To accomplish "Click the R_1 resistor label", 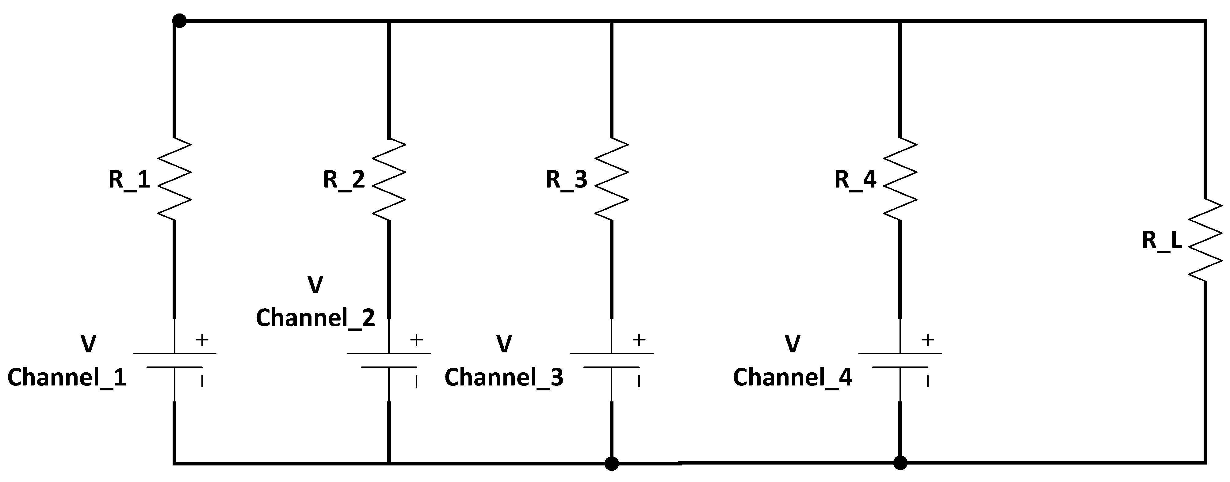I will tap(129, 180).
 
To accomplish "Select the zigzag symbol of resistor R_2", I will tap(389, 180).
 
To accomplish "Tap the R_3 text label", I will tap(566, 180).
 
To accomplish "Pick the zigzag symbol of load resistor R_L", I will tap(1205, 240).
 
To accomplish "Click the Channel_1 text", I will tap(67, 378).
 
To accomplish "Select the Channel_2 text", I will tap(315, 318).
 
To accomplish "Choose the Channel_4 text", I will tap(793, 378).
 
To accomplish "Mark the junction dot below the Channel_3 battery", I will tap(612, 463).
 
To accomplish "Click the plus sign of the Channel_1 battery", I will tap(202, 340).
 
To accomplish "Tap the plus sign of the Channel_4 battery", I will tap(927, 340).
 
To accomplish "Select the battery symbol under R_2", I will tap(389, 360).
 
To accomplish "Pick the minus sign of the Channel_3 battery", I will tap(639, 381).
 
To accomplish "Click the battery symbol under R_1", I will tap(174, 360).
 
